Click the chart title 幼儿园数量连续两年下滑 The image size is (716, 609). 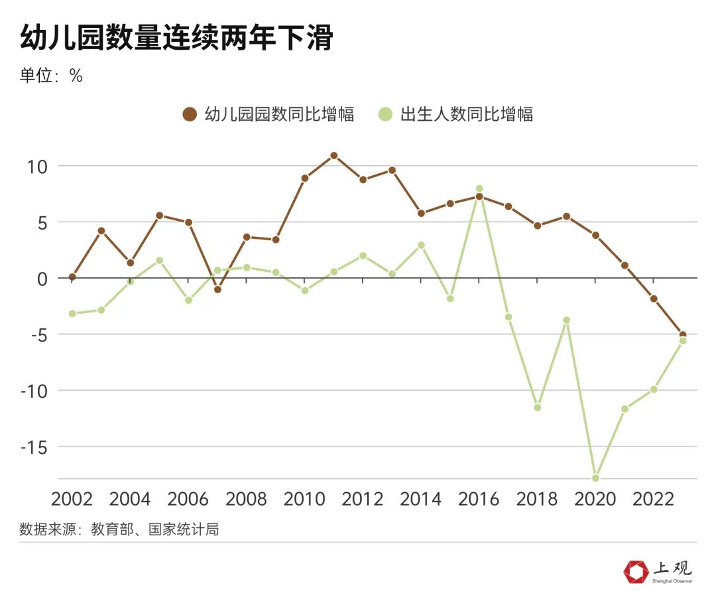(x=176, y=38)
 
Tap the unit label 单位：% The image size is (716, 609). (x=51, y=76)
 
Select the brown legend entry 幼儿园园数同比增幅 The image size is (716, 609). (x=268, y=114)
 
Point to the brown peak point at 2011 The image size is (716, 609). (x=333, y=156)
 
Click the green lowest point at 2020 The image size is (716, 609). (x=595, y=478)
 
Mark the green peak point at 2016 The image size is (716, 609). (x=479, y=189)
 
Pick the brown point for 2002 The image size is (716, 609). (x=72, y=277)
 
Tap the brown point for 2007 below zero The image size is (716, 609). (x=217, y=289)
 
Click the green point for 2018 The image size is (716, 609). (x=537, y=407)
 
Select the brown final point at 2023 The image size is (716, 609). (x=683, y=335)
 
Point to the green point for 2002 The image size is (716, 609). (x=72, y=313)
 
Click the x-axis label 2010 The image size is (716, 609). (x=304, y=499)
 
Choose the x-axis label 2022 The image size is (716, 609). (x=654, y=499)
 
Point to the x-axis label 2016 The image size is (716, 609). (x=479, y=499)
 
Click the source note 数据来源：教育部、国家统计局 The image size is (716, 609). (x=119, y=529)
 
